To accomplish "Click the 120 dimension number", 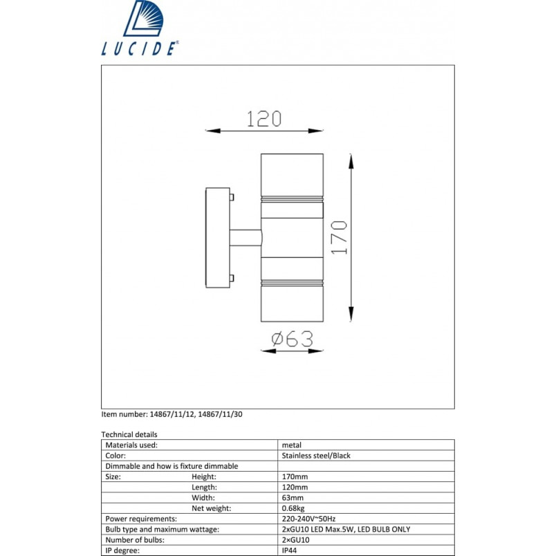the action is tap(264, 119).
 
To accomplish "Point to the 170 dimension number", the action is tap(339, 237).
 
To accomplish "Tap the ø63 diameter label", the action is tap(293, 339).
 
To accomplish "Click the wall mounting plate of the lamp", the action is tap(218, 238).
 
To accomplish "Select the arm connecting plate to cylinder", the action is tap(245, 238).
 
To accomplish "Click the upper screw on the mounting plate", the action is tap(232, 197).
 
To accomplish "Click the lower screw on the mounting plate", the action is tap(232, 278).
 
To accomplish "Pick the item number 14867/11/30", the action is tap(220, 414).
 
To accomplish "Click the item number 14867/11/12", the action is tap(172, 414).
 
